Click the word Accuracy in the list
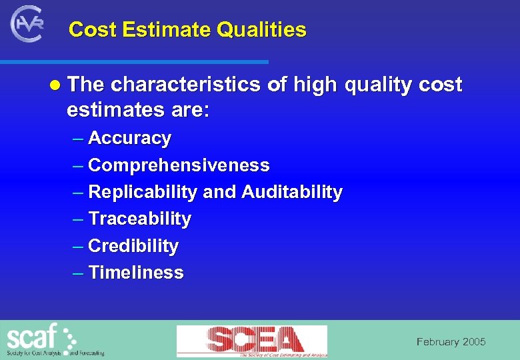pyautogui.click(x=129, y=139)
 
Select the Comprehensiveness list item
pyautogui.click(x=179, y=165)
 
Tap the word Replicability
pyautogui.click(x=143, y=193)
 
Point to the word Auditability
pyautogui.click(x=292, y=193)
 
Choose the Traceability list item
pyautogui.click(x=139, y=219)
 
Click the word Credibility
pyautogui.click(x=133, y=246)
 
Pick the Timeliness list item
pyautogui.click(x=135, y=273)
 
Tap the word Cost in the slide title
pyautogui.click(x=91, y=30)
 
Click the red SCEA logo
pyautogui.click(x=252, y=341)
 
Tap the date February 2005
pyautogui.click(x=451, y=342)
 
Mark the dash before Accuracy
pyautogui.click(x=78, y=139)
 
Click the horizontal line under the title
pyautogui.click(x=133, y=62)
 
